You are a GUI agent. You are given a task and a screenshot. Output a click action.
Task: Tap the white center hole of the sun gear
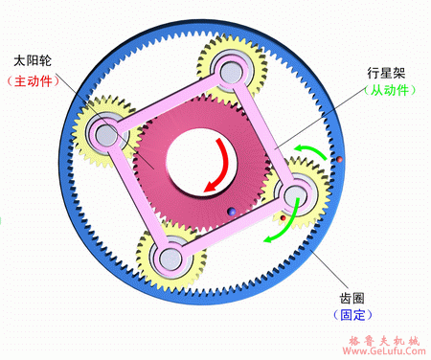coord(196,162)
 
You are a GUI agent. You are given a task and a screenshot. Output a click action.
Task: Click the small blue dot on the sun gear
coord(230,212)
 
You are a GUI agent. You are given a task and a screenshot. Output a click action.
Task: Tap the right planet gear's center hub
coord(293,195)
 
